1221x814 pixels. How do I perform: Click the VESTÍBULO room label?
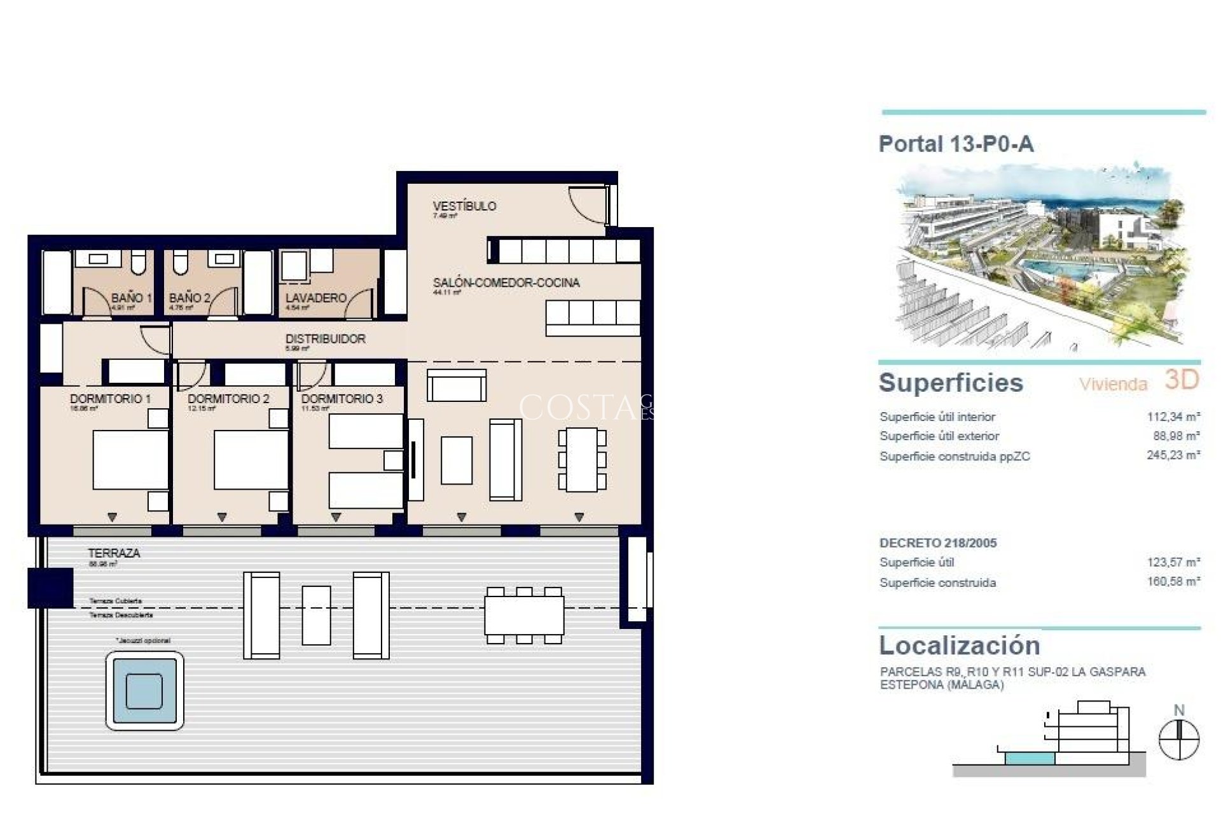(x=464, y=206)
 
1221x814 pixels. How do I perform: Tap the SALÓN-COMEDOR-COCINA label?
(x=506, y=283)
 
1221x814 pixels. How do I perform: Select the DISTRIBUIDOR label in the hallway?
(x=325, y=339)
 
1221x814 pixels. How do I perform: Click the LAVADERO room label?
(x=315, y=298)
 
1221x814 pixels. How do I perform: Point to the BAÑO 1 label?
(x=131, y=298)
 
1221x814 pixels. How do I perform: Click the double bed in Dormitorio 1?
(x=130, y=460)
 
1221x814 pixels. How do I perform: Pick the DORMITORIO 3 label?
(x=342, y=399)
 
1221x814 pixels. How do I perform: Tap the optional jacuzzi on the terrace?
(x=144, y=691)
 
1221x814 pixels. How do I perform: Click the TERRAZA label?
(x=114, y=553)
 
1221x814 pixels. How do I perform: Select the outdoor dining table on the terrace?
(x=524, y=616)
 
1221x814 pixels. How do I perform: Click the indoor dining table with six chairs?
(x=582, y=460)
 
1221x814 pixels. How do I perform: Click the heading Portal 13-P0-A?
(x=956, y=144)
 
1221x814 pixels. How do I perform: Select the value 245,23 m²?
(x=1173, y=456)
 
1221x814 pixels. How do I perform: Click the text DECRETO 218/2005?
(x=937, y=543)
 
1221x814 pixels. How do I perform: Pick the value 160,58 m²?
(x=1173, y=582)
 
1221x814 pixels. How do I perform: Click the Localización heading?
(x=959, y=645)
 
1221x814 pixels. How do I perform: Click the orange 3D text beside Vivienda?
(x=1182, y=380)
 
